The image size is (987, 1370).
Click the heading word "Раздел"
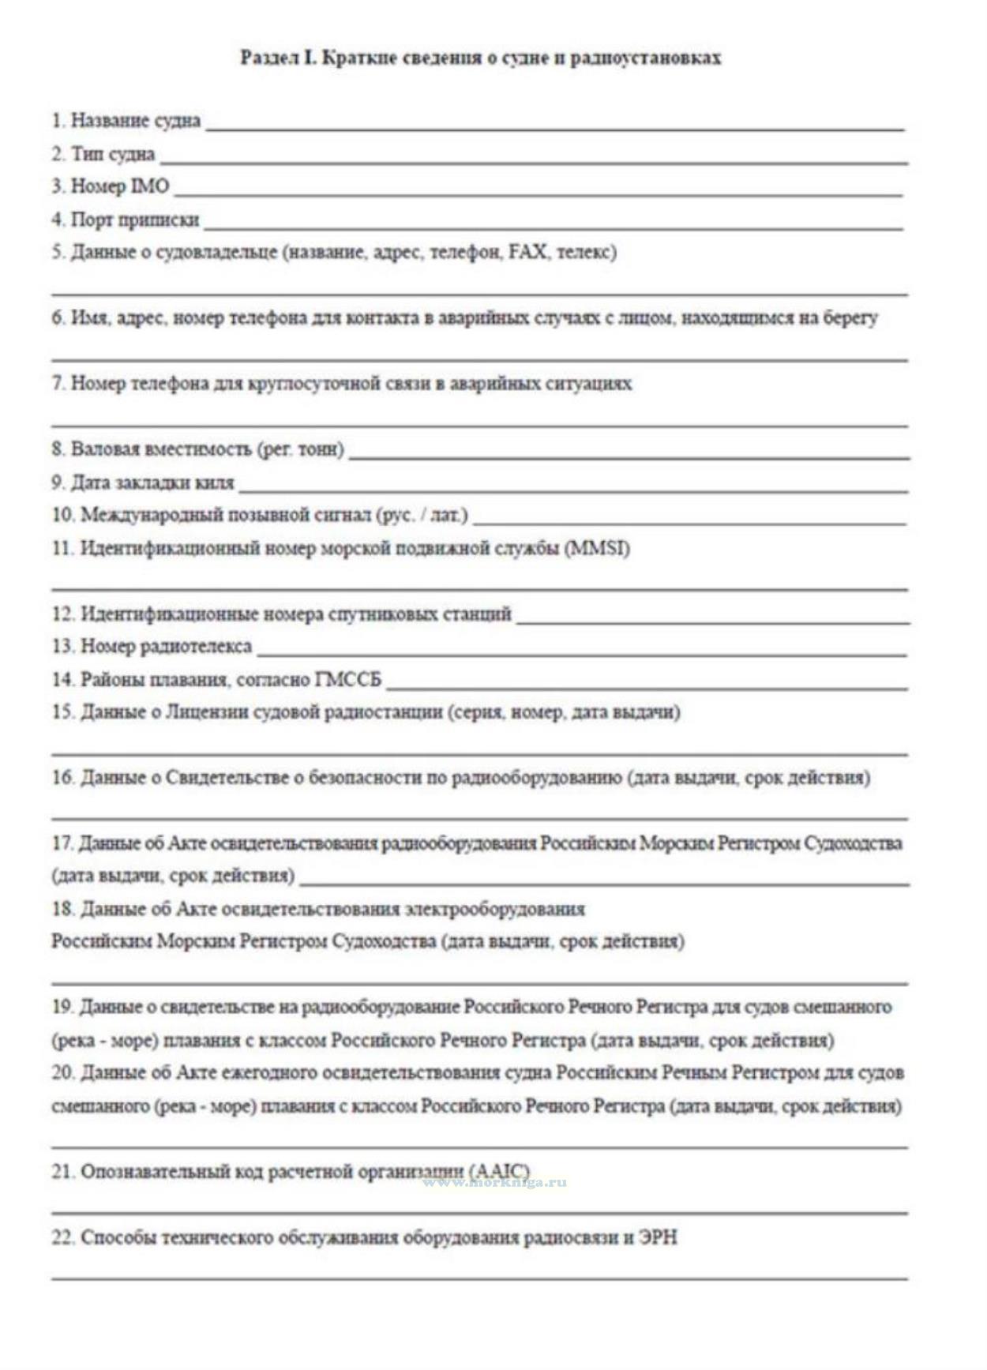point(268,58)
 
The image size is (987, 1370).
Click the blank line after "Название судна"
point(554,127)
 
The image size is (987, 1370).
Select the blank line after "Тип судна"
point(534,161)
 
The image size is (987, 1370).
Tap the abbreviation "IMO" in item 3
point(150,186)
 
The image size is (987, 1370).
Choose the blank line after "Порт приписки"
point(553,227)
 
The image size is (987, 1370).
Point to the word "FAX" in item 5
point(527,253)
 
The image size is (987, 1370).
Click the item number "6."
point(58,318)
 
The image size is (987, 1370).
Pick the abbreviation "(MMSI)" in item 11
point(598,549)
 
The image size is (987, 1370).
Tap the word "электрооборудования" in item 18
point(494,909)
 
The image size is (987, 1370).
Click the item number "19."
point(62,1008)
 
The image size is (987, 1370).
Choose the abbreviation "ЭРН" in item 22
point(659,1237)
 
